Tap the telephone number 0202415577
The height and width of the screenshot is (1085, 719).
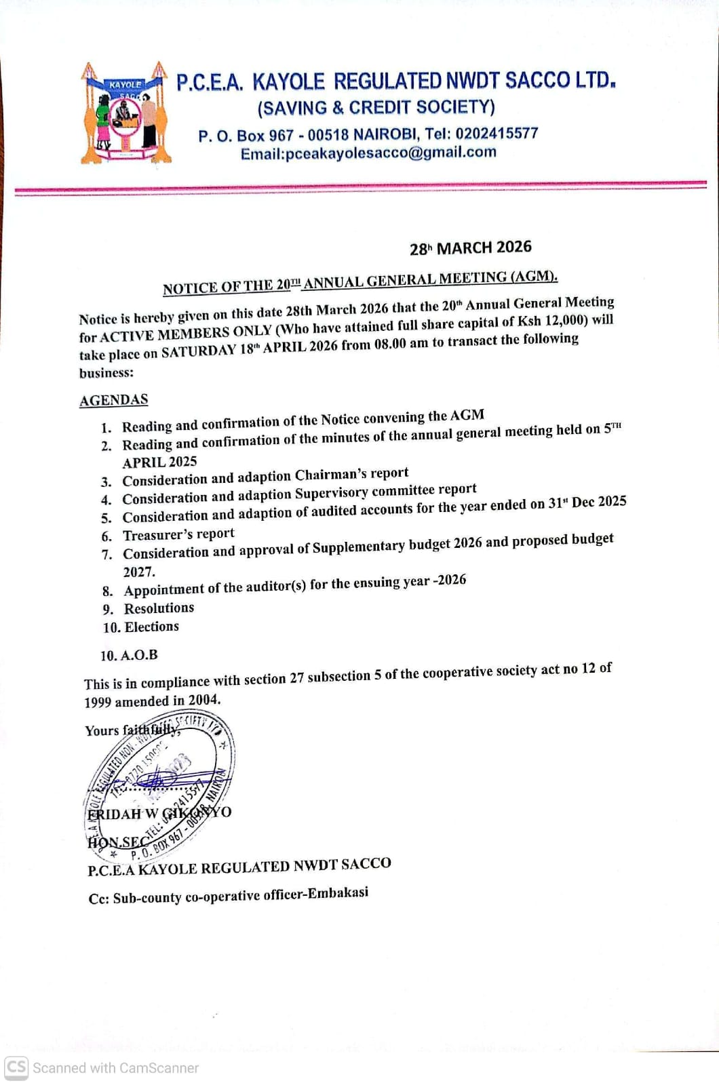[x=497, y=134]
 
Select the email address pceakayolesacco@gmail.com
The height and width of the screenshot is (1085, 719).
[x=391, y=153]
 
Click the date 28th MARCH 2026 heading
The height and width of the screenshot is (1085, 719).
[x=470, y=248]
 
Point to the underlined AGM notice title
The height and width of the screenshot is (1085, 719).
[x=359, y=282]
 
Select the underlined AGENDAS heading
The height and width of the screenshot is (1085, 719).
[x=113, y=400]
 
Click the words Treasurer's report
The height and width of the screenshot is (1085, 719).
[x=178, y=534]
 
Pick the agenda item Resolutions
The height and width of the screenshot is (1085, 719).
[x=159, y=608]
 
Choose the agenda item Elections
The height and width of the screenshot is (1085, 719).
[x=152, y=627]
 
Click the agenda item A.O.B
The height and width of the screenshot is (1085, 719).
[x=138, y=655]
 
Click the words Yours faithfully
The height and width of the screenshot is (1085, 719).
[x=132, y=730]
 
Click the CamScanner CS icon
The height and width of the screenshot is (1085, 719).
[x=16, y=1067]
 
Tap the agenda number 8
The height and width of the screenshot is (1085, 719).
[x=107, y=591]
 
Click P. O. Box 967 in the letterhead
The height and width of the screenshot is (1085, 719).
[x=246, y=136]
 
